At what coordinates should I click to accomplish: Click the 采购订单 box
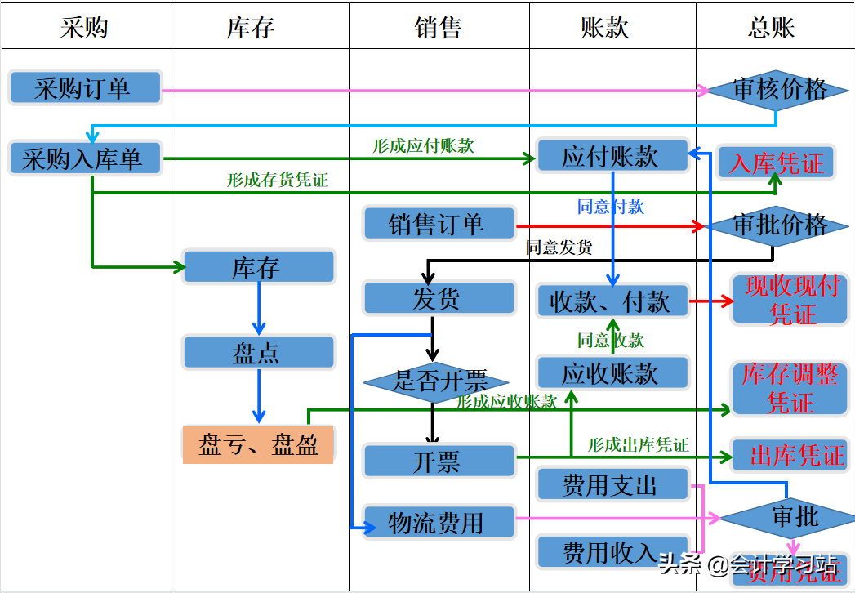coord(85,88)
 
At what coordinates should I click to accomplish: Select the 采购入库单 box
coord(85,158)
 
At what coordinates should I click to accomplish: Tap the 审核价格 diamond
coord(779,90)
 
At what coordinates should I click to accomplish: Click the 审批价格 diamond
coord(779,225)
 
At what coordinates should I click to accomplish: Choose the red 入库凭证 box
coord(776,163)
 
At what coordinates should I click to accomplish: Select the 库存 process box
coord(258,268)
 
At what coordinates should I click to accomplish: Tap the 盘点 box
coord(258,353)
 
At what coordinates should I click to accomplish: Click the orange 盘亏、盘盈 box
coord(258,445)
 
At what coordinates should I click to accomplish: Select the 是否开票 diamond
coord(436,381)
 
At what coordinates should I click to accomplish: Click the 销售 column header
coord(439,28)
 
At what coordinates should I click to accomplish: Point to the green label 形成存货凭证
coord(278,181)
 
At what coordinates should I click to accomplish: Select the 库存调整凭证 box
coord(789,389)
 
